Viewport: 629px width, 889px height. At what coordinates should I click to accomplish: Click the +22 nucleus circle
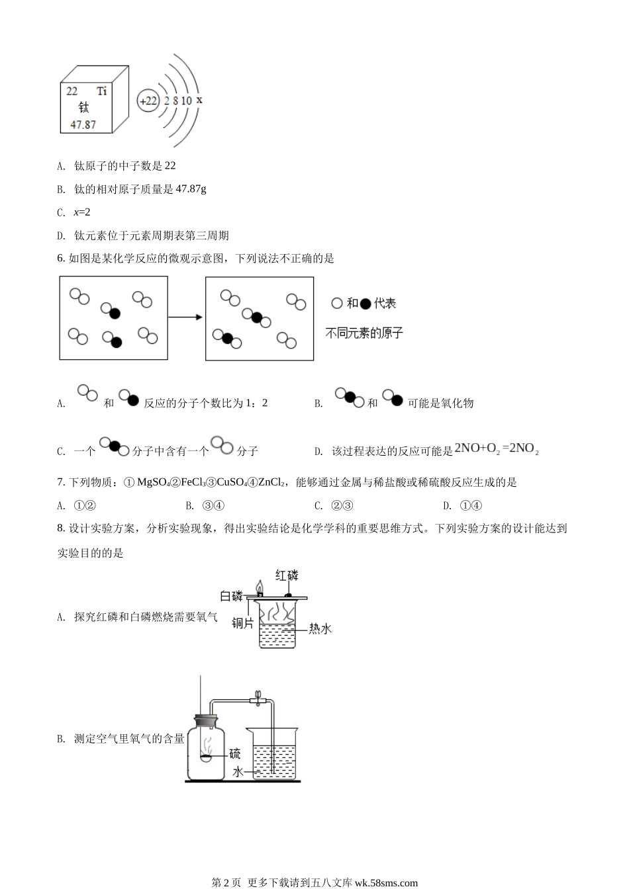point(148,101)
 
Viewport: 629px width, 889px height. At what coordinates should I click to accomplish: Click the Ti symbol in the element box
point(101,91)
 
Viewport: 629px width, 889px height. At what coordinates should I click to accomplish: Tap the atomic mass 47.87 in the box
point(83,124)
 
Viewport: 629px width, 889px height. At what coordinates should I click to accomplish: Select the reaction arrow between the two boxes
point(185,317)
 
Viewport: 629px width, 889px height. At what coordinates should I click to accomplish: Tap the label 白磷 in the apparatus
point(232,596)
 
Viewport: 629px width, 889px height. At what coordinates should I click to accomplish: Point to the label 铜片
point(242,622)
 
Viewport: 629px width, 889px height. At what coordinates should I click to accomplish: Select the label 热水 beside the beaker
point(320,628)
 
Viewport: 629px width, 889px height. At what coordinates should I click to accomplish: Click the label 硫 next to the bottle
point(234,753)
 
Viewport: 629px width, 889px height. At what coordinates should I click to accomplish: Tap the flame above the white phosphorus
point(260,587)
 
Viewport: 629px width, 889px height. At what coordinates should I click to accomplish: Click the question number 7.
point(61,483)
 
